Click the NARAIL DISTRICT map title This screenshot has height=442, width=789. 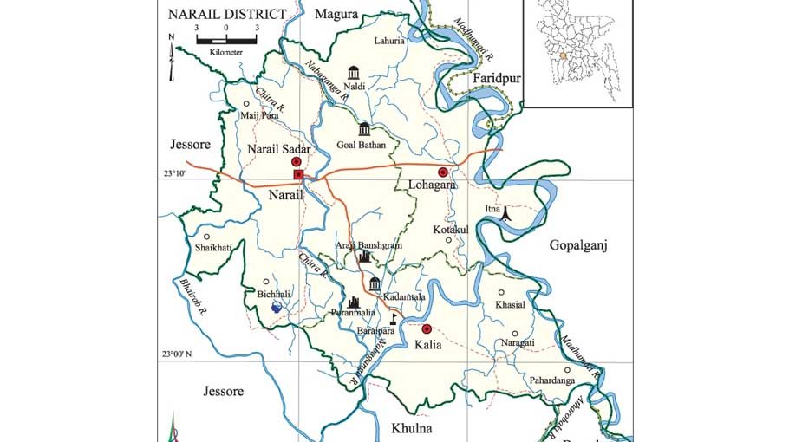tap(226, 14)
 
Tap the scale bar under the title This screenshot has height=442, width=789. tap(226, 40)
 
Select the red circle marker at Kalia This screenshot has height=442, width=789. tap(427, 329)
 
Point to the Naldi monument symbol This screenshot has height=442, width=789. tap(353, 72)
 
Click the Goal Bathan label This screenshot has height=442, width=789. tap(362, 145)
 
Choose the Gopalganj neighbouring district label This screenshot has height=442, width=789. tap(579, 246)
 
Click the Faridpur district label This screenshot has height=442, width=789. tap(497, 79)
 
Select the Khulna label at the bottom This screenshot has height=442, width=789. tap(411, 428)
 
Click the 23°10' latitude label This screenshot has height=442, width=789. tap(173, 175)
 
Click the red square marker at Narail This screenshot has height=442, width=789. tap(298, 175)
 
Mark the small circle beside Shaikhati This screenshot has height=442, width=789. tap(206, 236)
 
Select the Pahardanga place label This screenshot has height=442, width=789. tap(551, 380)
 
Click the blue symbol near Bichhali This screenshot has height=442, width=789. tap(277, 307)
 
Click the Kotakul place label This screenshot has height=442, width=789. tap(450, 229)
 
